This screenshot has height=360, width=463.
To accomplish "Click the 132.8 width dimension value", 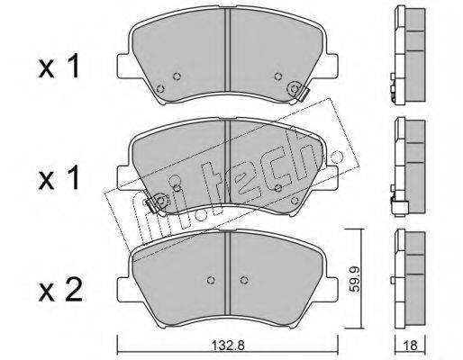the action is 229,346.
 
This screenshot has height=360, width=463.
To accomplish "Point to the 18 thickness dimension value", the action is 411,346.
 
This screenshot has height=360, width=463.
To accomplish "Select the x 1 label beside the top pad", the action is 59,67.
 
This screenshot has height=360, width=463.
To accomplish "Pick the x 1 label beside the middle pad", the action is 59,178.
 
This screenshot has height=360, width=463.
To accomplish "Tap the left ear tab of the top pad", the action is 123,66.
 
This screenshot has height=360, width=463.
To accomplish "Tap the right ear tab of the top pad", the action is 331,66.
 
